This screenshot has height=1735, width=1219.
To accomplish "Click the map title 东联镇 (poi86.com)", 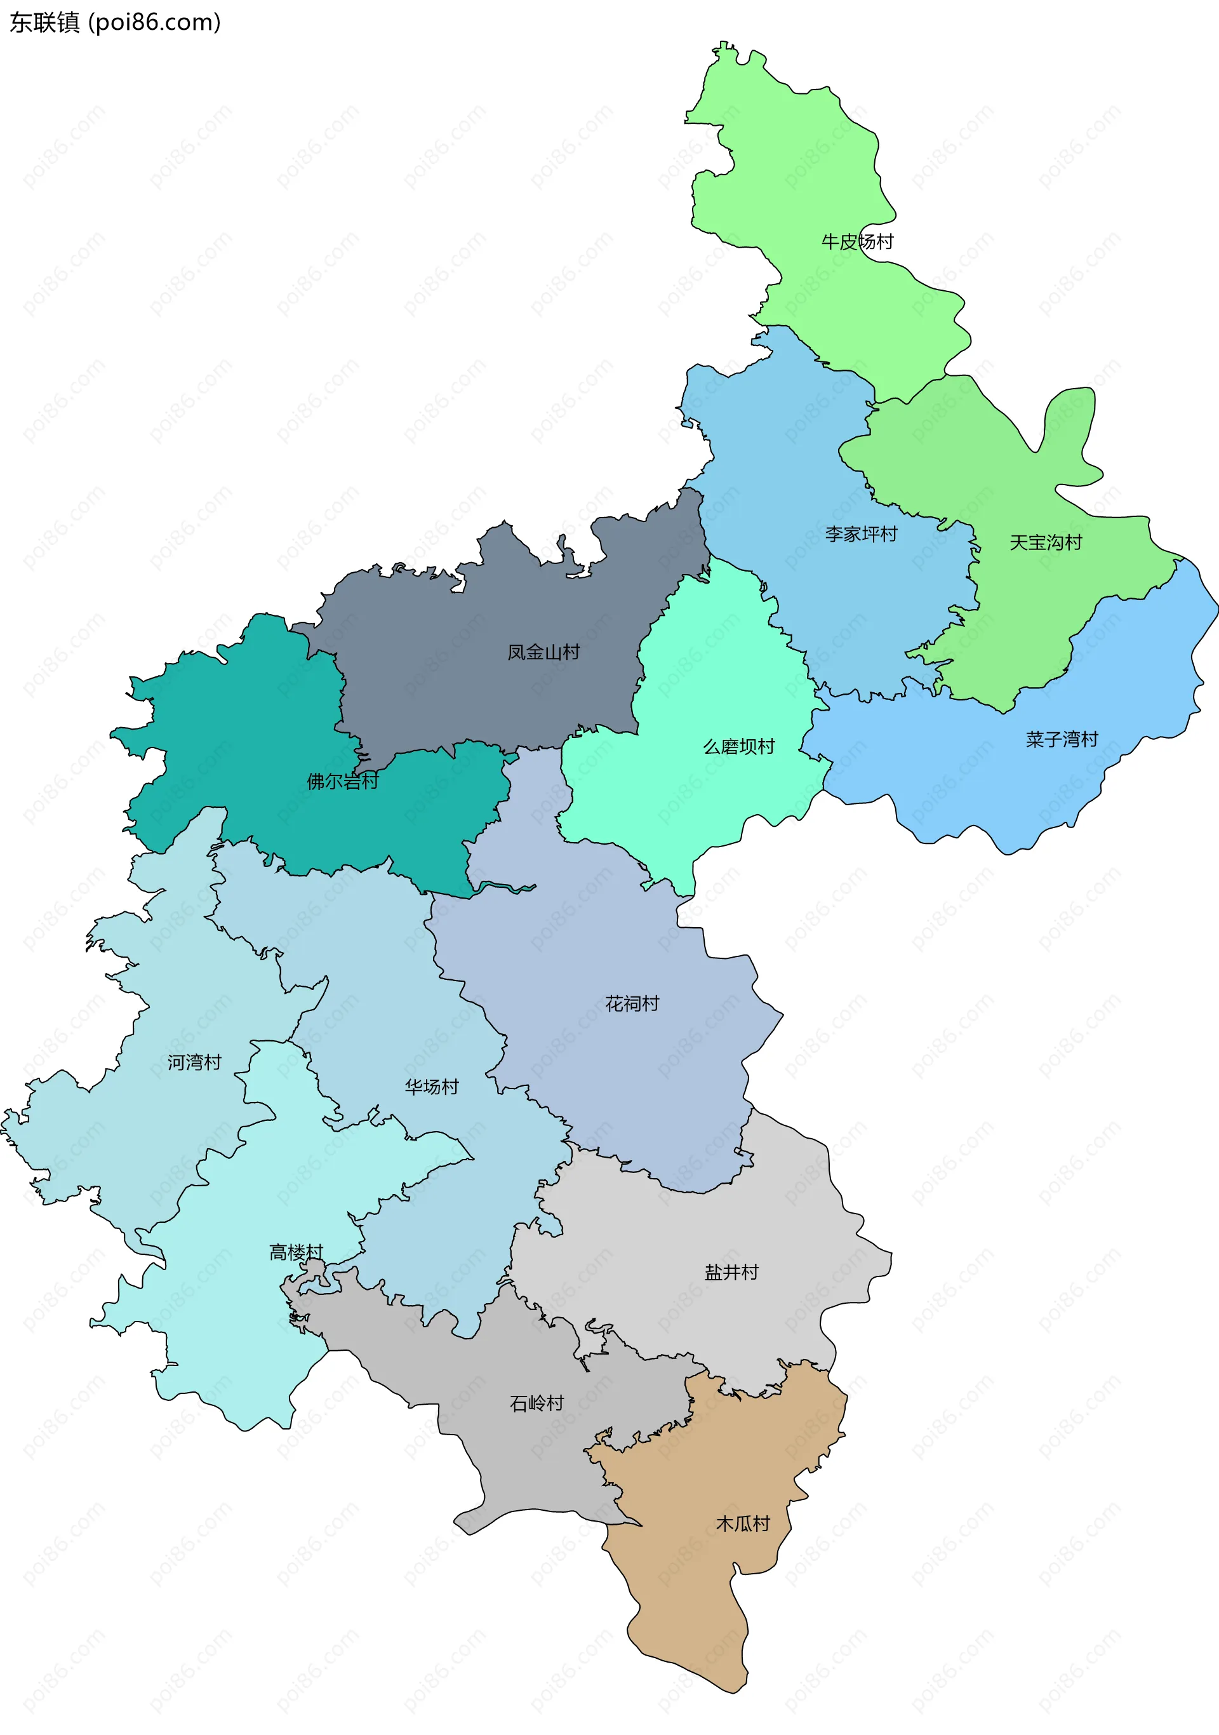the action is [115, 23].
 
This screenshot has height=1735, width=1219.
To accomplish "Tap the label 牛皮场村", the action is [857, 242].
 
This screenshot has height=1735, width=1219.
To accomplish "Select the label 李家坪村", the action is [861, 534].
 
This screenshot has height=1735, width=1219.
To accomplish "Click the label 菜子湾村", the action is [1061, 739].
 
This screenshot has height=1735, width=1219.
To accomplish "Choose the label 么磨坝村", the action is [738, 747].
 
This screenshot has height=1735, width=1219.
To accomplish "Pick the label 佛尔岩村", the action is [342, 781].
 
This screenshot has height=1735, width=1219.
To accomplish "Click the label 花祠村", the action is [632, 1003].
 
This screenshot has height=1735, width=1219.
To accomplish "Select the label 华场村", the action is [431, 1087].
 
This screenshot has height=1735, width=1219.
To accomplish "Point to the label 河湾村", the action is [194, 1062].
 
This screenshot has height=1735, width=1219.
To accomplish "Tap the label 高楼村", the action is [296, 1253].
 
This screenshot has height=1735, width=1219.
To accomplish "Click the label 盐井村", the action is [731, 1273].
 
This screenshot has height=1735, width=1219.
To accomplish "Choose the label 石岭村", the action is [537, 1403].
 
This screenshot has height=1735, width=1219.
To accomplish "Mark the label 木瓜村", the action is [742, 1524].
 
